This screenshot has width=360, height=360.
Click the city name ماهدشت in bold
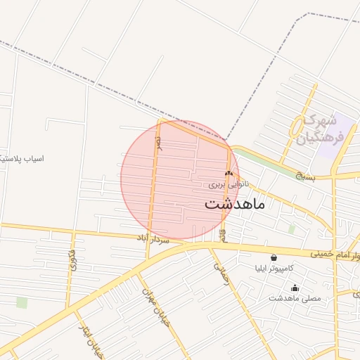click(235, 204)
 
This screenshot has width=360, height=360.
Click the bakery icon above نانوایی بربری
click(228, 173)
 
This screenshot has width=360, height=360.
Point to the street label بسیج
click(307, 176)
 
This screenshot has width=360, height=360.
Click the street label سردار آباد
click(153, 239)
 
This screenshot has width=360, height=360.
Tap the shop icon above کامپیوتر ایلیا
click(274, 257)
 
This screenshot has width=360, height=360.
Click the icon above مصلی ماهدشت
click(295, 287)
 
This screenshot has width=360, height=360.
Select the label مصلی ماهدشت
click(295, 298)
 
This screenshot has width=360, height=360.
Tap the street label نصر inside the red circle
click(159, 143)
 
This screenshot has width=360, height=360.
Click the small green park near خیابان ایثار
click(22, 302)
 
